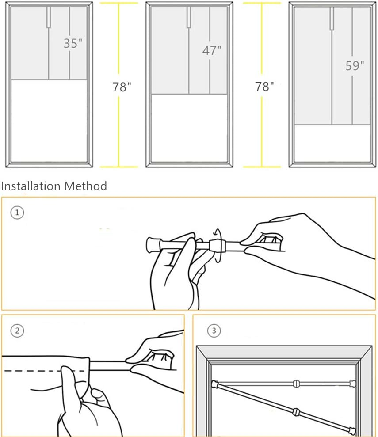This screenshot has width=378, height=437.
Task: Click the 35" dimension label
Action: pos(73,43)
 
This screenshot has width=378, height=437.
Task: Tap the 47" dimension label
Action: pos(212,50)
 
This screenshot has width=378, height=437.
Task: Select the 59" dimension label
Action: pos(355,65)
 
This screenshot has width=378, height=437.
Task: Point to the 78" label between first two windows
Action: pos(122,87)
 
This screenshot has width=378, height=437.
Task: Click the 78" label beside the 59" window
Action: pos(264,87)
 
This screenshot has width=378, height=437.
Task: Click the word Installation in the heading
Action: pos(31,186)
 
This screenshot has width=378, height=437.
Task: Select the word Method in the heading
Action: pos(86,186)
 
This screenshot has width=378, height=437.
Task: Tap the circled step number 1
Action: pos(17,213)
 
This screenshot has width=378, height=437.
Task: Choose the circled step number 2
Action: pos(17,331)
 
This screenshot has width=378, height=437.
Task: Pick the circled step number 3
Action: pos(214,331)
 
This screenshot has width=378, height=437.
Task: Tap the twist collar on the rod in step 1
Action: pos(217,245)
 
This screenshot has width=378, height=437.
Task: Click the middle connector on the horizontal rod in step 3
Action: pos(296,384)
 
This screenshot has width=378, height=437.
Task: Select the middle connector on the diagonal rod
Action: pos(296,412)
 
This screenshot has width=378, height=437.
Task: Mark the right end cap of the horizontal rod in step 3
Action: pos(353,384)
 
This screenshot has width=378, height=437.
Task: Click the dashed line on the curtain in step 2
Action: pos(45,371)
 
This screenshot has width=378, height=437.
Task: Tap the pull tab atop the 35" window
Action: pos(49,17)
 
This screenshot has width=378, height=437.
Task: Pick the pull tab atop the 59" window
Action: pos(332,19)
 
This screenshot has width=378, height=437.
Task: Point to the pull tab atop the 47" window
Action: pos(189,17)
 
